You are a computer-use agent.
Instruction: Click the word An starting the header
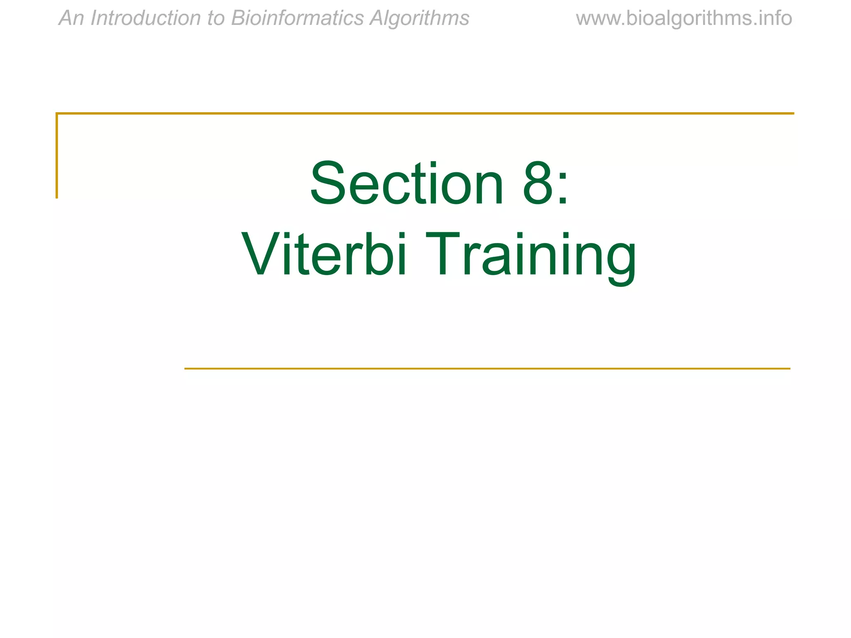pyautogui.click(x=71, y=18)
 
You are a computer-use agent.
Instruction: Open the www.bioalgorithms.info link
pyautogui.click(x=684, y=18)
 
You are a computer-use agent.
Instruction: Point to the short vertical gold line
pyautogui.click(x=57, y=155)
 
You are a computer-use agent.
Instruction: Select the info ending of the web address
pyautogui.click(x=776, y=18)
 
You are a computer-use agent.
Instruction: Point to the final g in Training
pyautogui.click(x=620, y=260)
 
